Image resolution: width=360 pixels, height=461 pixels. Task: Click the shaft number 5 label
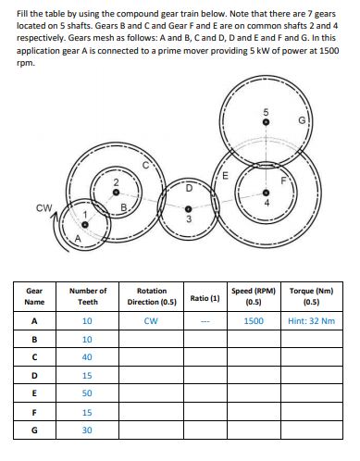tap(264, 114)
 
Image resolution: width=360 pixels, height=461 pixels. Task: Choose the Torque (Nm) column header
tap(310, 295)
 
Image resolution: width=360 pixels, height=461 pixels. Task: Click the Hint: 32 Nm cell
tap(310, 321)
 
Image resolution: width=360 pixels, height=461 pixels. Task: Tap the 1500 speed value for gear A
tap(254, 321)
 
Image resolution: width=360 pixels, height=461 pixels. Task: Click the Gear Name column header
tap(34, 295)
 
